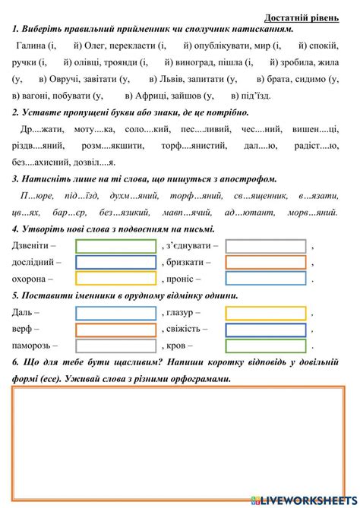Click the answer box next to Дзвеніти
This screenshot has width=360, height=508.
click(x=116, y=246)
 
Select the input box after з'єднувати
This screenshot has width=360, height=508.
click(x=266, y=246)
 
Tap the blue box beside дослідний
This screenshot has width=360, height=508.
click(x=116, y=263)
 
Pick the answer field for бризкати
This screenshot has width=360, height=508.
click(x=266, y=263)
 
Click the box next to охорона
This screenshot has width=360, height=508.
click(x=116, y=279)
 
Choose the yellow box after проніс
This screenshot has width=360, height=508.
click(x=266, y=279)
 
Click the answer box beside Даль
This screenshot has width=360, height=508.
click(x=116, y=313)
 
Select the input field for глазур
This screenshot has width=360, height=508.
click(x=266, y=313)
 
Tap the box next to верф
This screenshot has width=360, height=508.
click(x=116, y=330)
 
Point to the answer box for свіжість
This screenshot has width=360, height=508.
click(x=266, y=330)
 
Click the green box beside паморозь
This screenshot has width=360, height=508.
click(x=116, y=346)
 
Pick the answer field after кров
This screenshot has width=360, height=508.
click(x=266, y=346)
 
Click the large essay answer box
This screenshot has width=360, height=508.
click(x=179, y=440)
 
